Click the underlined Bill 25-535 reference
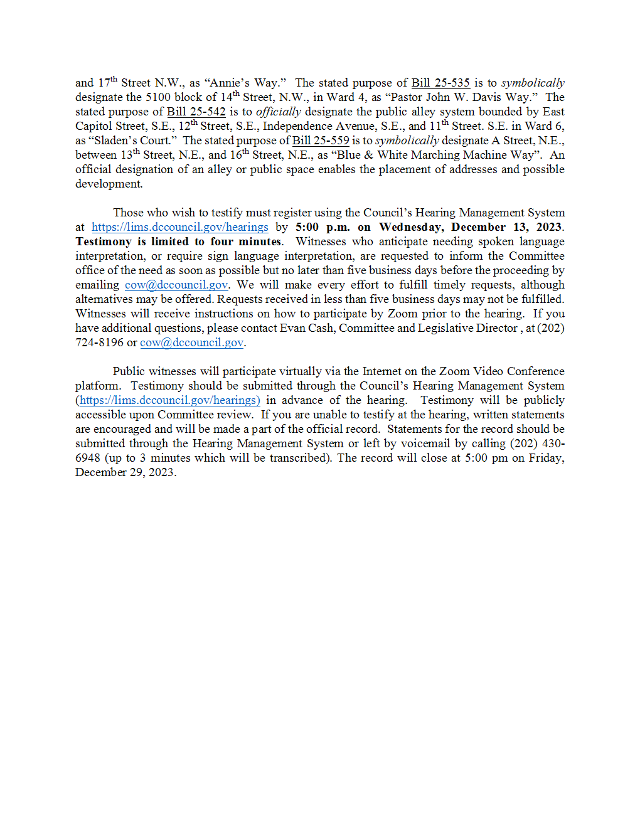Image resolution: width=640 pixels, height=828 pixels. (440, 83)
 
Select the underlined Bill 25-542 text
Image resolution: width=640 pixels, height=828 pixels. (196, 112)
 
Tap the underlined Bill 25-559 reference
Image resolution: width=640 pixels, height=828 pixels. (321, 141)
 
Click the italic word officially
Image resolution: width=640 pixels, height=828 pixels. (279, 112)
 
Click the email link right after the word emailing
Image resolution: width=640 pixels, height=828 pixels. (176, 285)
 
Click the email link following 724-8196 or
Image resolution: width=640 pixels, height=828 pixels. (191, 342)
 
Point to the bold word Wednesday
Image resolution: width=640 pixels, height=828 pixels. (412, 227)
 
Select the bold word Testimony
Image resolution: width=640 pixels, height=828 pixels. (104, 242)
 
